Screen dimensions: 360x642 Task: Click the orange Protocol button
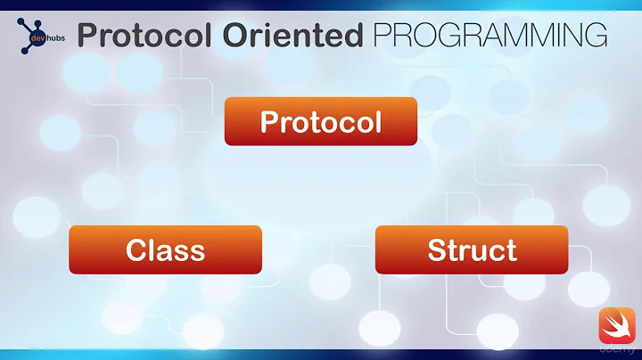[x=320, y=121]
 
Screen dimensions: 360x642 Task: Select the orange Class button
[x=165, y=250]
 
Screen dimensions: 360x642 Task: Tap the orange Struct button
[x=472, y=250]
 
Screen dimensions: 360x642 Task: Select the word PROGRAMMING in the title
[x=490, y=34]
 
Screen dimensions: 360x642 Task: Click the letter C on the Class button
[x=136, y=250]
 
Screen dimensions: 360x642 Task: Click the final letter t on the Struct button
[x=510, y=250]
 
